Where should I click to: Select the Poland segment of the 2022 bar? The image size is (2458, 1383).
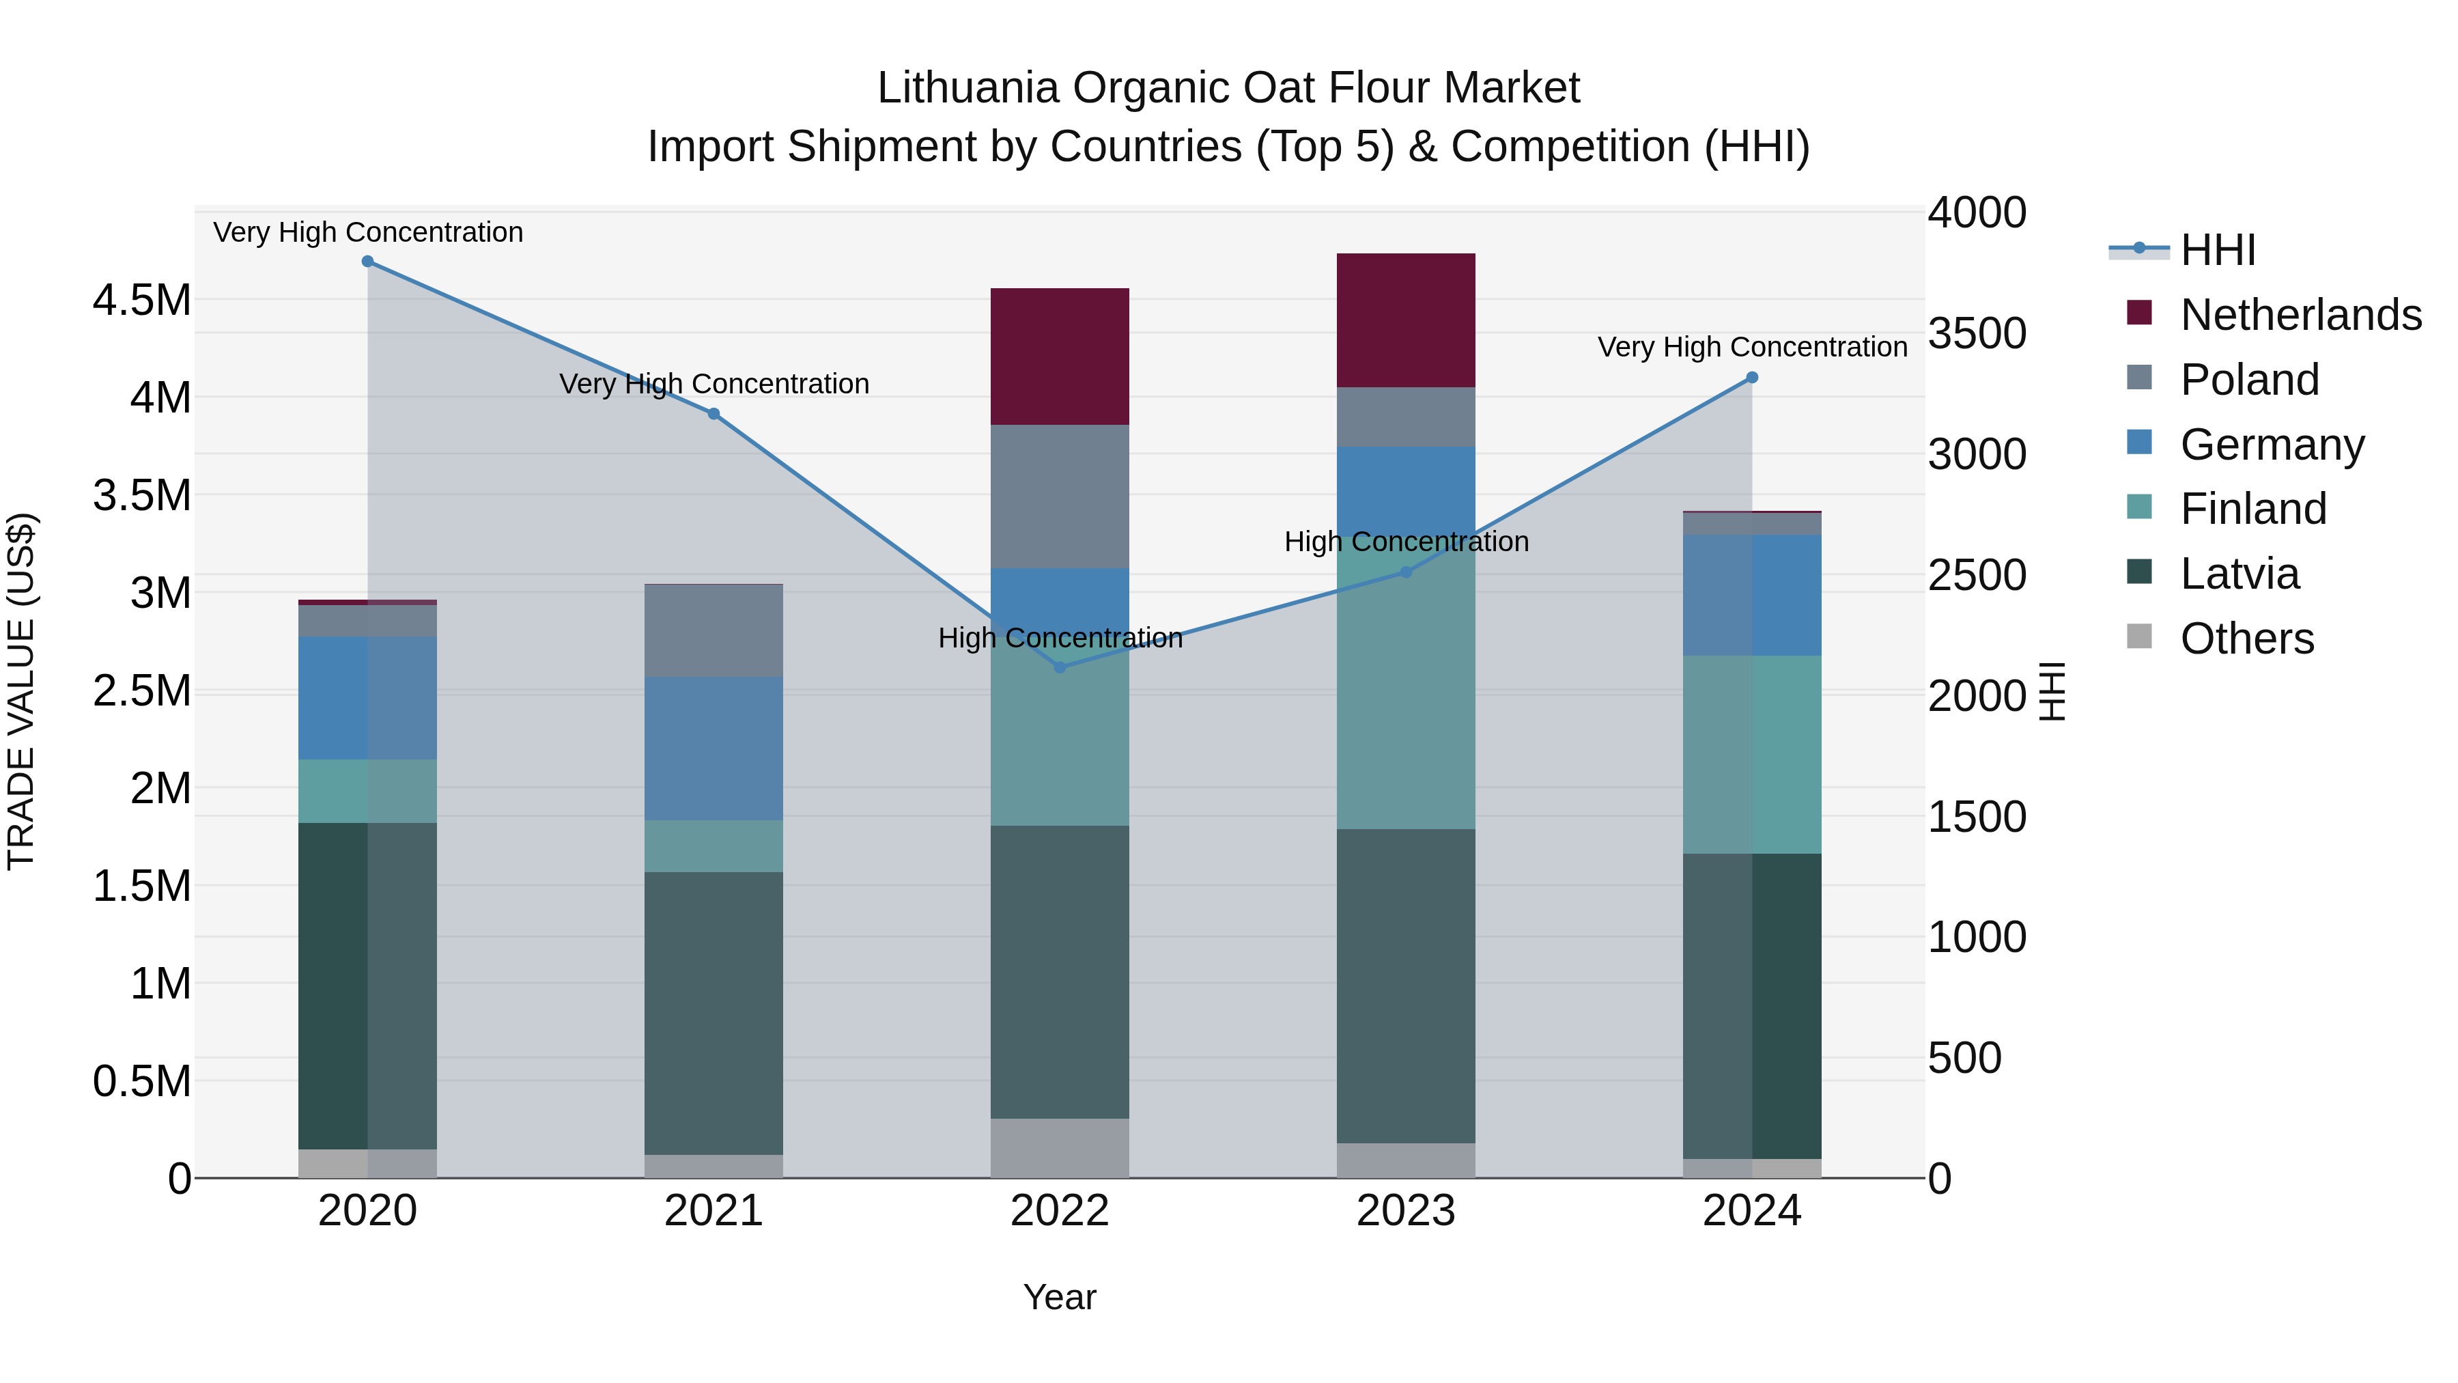[1059, 497]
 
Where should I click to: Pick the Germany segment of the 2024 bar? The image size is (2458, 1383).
[1752, 595]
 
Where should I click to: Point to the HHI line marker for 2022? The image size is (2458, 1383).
[1059, 667]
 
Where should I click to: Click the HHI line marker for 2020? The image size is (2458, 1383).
[367, 262]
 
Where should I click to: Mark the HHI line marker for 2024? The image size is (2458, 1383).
[1752, 378]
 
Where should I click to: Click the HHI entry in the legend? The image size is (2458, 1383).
[2216, 250]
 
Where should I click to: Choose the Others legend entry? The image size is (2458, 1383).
[2246, 639]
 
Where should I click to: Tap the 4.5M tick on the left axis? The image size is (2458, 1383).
[141, 301]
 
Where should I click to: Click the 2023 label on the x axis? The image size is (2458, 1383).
[1406, 1211]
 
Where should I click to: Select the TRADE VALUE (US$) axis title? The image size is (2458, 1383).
[22, 691]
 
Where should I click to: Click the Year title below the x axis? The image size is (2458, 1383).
[1059, 1297]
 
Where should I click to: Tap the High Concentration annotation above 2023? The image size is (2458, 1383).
[1406, 542]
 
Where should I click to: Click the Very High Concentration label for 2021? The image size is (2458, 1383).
[714, 384]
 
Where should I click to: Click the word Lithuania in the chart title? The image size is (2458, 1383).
[967, 88]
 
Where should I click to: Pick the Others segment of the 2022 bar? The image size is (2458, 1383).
[1059, 1147]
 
